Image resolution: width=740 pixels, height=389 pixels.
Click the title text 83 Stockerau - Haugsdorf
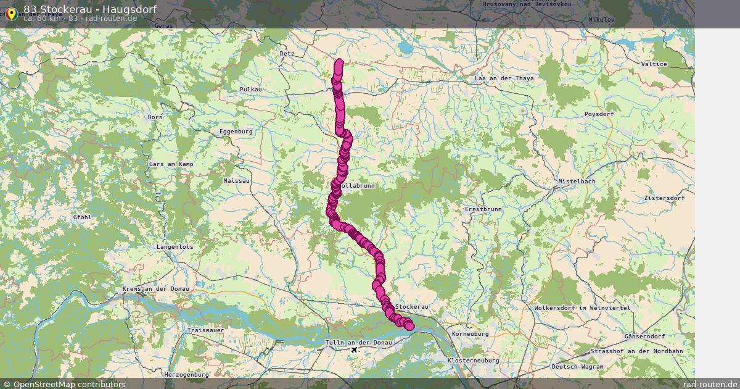pos(90,9)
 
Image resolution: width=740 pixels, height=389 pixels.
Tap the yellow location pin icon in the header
pos(11,13)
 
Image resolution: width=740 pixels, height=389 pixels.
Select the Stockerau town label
pos(412,307)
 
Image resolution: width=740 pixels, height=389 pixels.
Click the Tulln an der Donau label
pos(358,343)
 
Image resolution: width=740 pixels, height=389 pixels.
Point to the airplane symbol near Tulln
pos(354,350)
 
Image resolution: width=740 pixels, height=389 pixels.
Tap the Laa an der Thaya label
pos(504,79)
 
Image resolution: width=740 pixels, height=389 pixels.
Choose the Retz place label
pos(287,54)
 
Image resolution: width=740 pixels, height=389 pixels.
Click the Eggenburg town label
pos(236,132)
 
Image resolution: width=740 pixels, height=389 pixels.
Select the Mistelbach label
pos(577,182)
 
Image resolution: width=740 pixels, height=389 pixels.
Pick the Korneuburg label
pos(470,334)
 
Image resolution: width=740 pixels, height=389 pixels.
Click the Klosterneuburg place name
pos(472,359)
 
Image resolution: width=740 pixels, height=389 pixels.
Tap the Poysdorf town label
pos(600,114)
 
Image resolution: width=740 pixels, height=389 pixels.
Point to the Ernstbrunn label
pos(483,210)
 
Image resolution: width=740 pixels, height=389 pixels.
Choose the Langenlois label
pos(175,247)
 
